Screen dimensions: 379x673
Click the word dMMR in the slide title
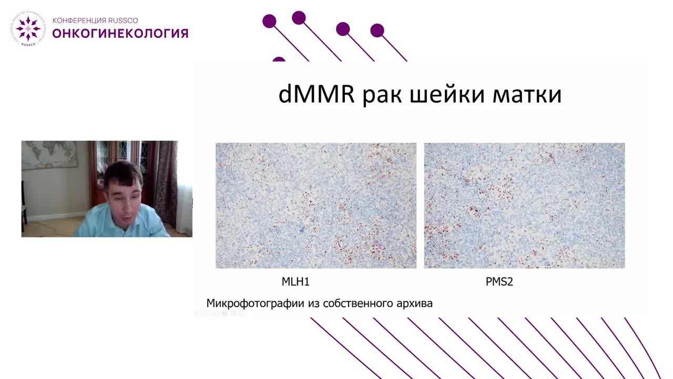pyautogui.click(x=316, y=95)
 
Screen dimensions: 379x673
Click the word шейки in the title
pyautogui.click(x=445, y=95)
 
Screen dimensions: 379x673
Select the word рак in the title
pyautogui.click(x=381, y=95)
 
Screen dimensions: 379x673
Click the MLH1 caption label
pyautogui.click(x=295, y=282)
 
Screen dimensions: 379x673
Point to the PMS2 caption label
pyautogui.click(x=499, y=282)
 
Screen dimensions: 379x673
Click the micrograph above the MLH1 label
pyautogui.click(x=315, y=205)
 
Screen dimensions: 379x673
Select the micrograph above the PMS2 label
pyautogui.click(x=524, y=205)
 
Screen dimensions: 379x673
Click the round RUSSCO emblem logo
pyautogui.click(x=28, y=28)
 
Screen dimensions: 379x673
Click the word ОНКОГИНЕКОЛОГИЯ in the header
pyautogui.click(x=120, y=34)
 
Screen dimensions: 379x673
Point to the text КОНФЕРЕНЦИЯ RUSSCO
pyautogui.click(x=95, y=21)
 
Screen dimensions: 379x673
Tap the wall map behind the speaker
pyautogui.click(x=48, y=155)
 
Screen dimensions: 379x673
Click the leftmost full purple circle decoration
pyautogui.click(x=269, y=22)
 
